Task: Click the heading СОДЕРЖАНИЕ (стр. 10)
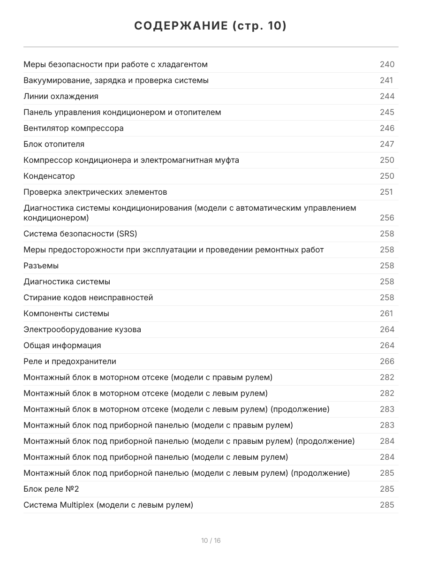tap(211, 26)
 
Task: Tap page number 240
tap(387, 64)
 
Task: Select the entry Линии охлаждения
tap(61, 96)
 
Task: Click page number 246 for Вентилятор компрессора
tap(387, 128)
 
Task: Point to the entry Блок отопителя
tap(54, 144)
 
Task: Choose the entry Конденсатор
tap(49, 176)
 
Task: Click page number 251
tap(386, 192)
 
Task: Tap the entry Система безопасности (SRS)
tap(80, 234)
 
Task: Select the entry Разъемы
tap(41, 266)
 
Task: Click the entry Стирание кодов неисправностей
tap(88, 297)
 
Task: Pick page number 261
tap(386, 313)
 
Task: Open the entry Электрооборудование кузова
tap(82, 329)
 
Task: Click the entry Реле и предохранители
tap(70, 361)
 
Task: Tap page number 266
tap(387, 361)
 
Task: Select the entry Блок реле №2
tap(51, 489)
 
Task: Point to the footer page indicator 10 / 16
tap(211, 540)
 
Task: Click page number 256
tap(387, 218)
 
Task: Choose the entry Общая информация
tap(62, 345)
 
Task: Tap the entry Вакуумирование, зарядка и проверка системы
tap(116, 80)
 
